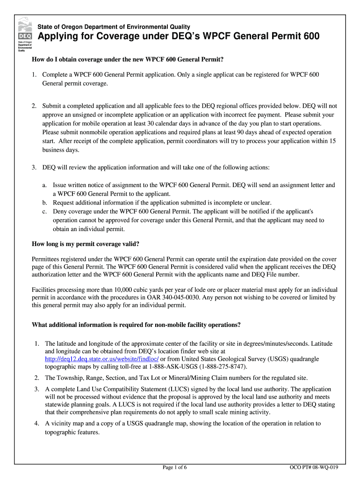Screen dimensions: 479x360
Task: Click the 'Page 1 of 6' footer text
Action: point(175,467)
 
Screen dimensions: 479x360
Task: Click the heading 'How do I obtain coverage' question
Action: point(127,59)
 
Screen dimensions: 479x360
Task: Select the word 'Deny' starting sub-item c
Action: point(60,211)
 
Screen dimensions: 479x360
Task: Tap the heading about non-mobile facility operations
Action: point(136,325)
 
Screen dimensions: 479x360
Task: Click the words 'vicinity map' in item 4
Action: point(67,423)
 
